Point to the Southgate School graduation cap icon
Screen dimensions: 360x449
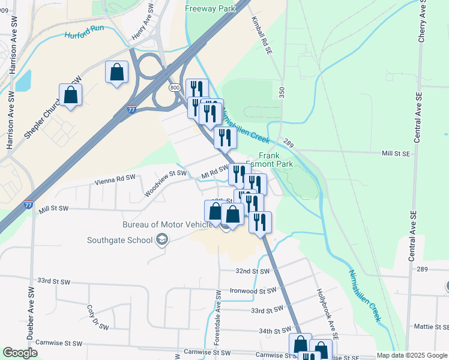click(x=160, y=241)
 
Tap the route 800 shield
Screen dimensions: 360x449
click(x=175, y=88)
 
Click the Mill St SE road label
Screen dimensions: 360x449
click(x=396, y=154)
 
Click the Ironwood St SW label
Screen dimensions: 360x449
click(x=252, y=290)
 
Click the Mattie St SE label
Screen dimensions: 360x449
click(x=432, y=327)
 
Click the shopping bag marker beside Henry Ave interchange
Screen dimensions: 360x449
click(x=117, y=73)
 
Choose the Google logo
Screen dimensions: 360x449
click(x=20, y=353)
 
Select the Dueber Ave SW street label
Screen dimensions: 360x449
click(x=30, y=313)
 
